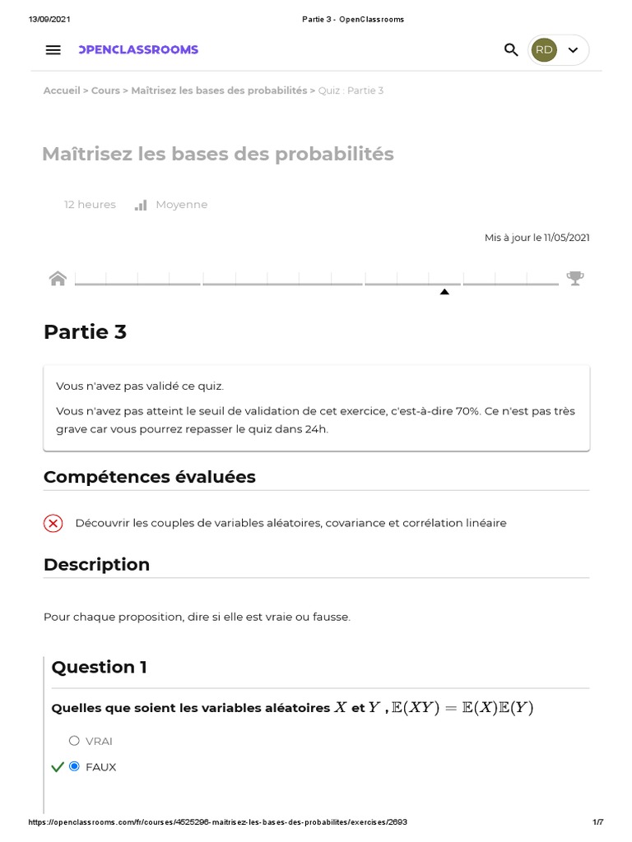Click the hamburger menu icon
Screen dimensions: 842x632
pos(53,50)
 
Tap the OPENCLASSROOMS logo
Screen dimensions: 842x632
pos(138,50)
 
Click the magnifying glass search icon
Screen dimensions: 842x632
pos(511,50)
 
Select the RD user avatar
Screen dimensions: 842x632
pos(544,50)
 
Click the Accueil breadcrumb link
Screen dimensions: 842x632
pos(62,90)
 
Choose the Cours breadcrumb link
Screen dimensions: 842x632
pos(105,90)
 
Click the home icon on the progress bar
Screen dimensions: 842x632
pos(58,278)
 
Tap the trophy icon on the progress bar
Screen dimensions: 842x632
pos(575,278)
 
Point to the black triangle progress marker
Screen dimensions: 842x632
pos(444,292)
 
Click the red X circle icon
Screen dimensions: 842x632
pos(53,523)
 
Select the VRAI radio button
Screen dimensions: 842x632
pos(75,741)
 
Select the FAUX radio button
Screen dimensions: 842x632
pos(75,766)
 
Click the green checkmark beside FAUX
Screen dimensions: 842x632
pos(57,767)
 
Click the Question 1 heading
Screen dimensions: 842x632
pos(99,667)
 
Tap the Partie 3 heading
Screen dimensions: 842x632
pos(85,332)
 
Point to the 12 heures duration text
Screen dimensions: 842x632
pos(90,205)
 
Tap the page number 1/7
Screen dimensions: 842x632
pos(598,822)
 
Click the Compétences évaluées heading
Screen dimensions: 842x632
pos(149,477)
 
